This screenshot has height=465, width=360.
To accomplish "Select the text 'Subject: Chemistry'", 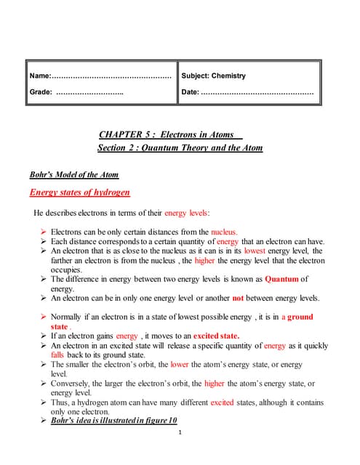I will pos(213,76).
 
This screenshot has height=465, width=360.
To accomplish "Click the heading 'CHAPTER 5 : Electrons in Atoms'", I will pos(170,134).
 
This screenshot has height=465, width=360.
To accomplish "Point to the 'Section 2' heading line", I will pos(180,148).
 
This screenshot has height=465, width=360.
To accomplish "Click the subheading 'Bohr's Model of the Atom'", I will pos(73,175).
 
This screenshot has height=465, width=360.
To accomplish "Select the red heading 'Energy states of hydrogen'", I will pos(79,193).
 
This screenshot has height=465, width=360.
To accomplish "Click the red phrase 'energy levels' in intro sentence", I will pos(186,213).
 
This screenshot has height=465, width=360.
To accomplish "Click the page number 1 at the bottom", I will pos(180,434).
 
